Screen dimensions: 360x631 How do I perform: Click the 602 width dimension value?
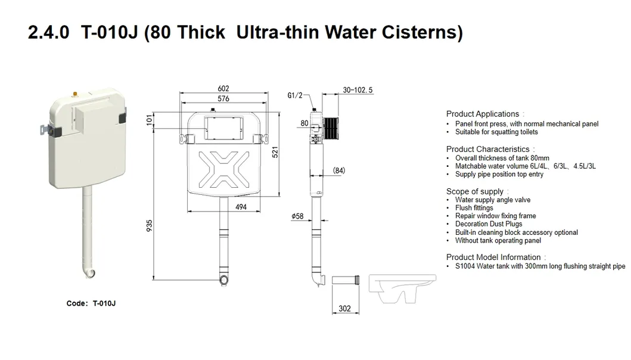coord(223,89)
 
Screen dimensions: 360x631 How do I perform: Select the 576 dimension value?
coord(223,99)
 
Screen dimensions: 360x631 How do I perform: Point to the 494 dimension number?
coord(241,207)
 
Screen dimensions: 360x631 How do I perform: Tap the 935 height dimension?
coord(150,226)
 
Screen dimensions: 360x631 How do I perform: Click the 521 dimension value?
coord(275,153)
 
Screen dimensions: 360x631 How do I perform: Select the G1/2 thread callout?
coord(296,95)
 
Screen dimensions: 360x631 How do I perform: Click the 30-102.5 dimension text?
coord(358,90)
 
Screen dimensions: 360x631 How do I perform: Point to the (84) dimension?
coord(338,171)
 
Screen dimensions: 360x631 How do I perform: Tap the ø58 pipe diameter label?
coord(297,216)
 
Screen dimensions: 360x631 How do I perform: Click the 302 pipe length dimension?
coord(344,309)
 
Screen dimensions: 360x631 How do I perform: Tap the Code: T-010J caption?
coord(91,303)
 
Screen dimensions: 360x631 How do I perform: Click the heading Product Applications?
coord(483,114)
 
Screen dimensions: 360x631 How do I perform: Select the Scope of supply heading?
coord(475,191)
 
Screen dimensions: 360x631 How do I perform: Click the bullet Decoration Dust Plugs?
coord(489,224)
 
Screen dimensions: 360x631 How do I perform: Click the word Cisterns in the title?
coord(425,32)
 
